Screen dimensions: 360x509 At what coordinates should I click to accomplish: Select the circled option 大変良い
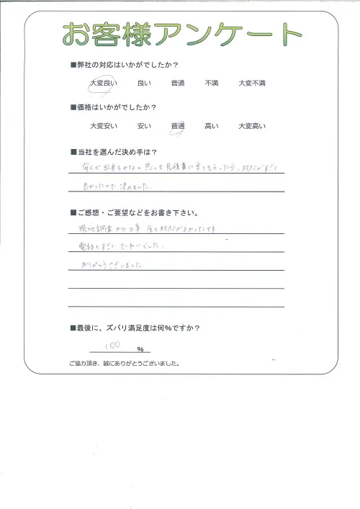click(102, 84)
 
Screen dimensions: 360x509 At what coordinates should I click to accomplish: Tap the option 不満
click(212, 84)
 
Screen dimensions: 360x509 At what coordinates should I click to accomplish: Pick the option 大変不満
click(252, 84)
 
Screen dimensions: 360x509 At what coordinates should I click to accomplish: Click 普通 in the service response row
click(178, 84)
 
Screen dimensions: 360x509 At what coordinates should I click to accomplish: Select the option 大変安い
click(102, 127)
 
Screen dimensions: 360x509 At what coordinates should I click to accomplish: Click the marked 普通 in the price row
click(178, 127)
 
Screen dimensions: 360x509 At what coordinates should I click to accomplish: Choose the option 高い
click(212, 127)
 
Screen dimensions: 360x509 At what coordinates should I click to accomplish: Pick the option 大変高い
click(252, 127)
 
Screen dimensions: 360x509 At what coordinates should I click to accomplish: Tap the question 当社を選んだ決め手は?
click(120, 153)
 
